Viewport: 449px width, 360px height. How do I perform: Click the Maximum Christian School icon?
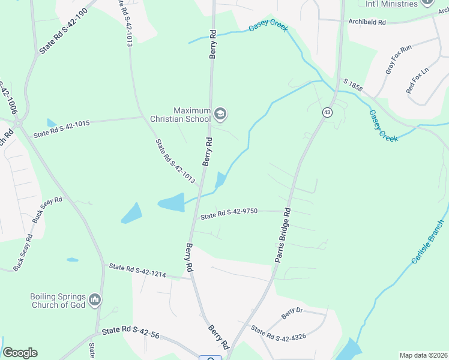(221, 113)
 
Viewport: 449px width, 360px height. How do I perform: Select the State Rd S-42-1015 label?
(61, 128)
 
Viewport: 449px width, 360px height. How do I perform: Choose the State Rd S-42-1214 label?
(136, 271)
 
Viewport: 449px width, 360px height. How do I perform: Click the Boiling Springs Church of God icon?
(95, 299)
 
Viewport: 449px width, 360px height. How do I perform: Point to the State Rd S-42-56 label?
(130, 331)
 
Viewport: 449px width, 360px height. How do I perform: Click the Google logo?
(20, 353)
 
